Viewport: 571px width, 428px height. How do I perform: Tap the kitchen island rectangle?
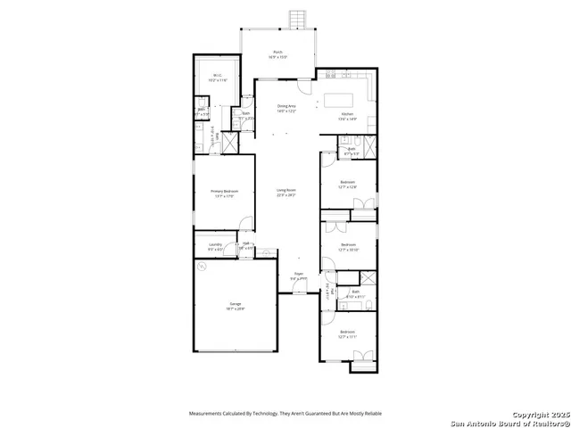coord(340,99)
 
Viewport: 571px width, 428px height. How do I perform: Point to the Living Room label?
coord(285,192)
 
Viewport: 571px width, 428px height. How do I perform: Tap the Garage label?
coord(236,306)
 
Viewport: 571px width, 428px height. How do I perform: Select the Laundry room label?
coord(215,246)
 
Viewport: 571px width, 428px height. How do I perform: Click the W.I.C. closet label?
coord(218,78)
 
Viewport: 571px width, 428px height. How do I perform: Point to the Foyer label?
coord(299,276)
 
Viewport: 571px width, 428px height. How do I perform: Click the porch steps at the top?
coord(297,20)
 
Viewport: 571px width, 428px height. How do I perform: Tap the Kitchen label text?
coord(347,115)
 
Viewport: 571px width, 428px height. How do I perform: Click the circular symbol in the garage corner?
coord(203,273)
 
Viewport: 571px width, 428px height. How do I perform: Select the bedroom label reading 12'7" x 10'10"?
coord(348,246)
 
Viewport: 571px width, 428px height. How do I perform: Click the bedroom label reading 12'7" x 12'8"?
coord(348,185)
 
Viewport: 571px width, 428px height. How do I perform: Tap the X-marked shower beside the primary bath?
coord(228,144)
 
